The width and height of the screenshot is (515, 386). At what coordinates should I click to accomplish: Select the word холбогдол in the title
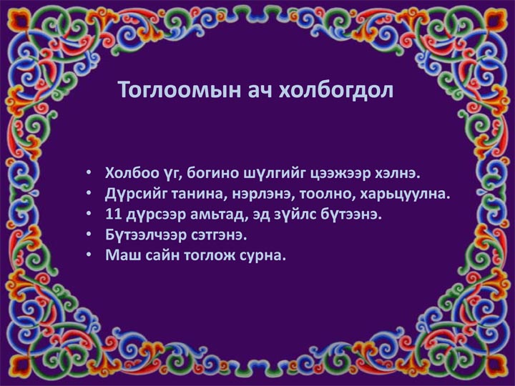pyautogui.click(x=335, y=89)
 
